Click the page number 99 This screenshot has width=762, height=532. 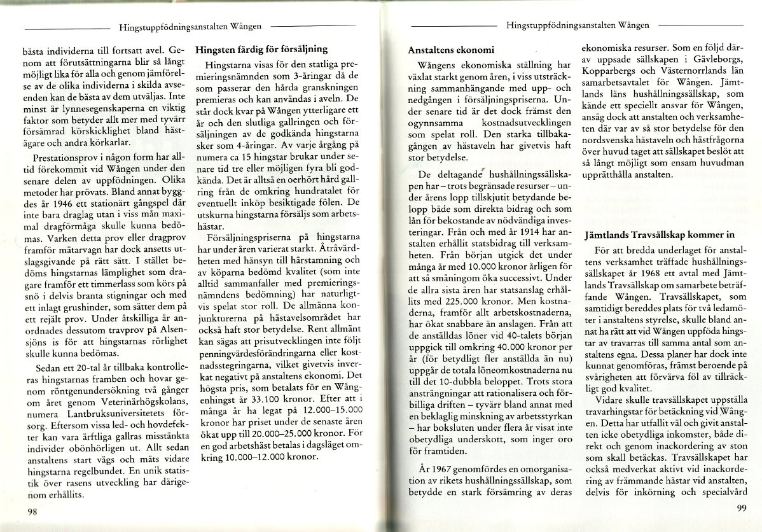(x=740, y=507)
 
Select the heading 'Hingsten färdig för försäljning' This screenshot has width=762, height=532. (x=261, y=48)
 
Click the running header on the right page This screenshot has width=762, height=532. (x=578, y=26)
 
